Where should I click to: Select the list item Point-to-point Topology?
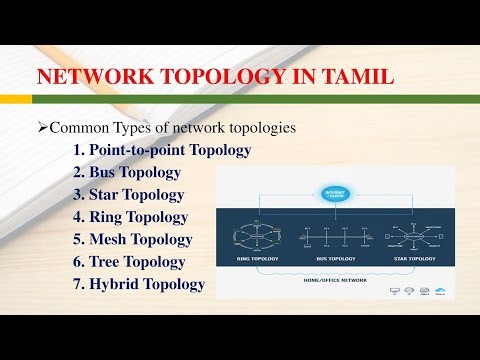click(169, 150)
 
